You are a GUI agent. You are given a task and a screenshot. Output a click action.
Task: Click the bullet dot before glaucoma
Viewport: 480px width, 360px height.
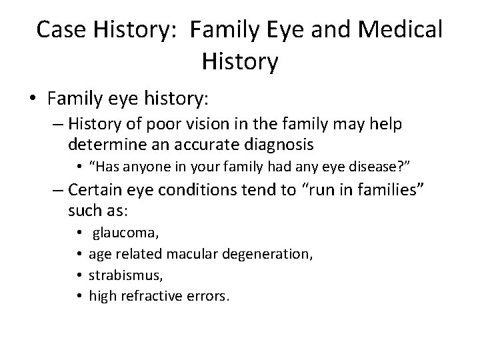coord(79,234)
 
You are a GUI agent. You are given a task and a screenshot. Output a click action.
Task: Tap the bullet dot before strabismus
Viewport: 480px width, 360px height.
coord(79,274)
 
